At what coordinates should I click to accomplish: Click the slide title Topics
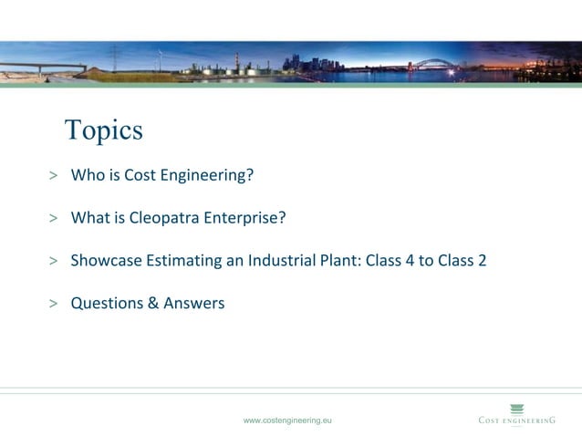point(104,130)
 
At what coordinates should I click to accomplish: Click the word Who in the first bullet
point(88,175)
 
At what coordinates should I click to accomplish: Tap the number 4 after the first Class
point(408,261)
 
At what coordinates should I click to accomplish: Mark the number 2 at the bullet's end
point(482,261)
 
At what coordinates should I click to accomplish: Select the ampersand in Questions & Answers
point(152,304)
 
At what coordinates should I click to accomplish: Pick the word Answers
point(193,304)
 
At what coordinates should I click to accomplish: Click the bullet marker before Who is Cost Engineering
point(54,176)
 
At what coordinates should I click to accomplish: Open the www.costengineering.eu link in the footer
point(287,420)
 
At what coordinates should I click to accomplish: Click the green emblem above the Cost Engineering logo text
point(517,408)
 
